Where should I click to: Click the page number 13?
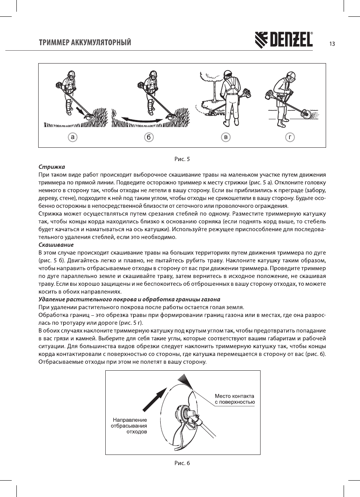[x=332, y=44]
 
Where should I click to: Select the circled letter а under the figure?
[x=73, y=137]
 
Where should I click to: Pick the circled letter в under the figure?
[x=225, y=137]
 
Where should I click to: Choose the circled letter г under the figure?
[x=289, y=137]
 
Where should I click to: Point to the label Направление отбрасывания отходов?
[x=129, y=426]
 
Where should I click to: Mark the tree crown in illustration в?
[x=209, y=77]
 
